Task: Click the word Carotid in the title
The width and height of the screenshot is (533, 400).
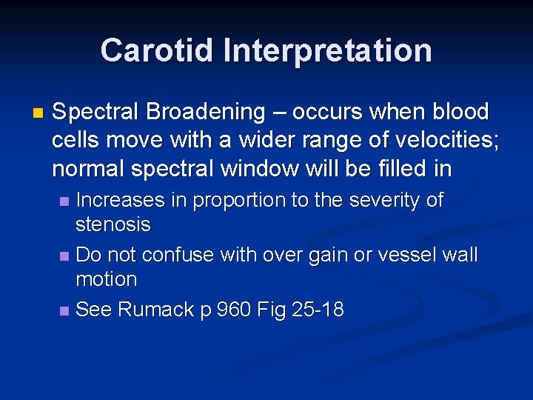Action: pos(156,50)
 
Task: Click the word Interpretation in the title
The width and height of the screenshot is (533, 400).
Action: pos(327,50)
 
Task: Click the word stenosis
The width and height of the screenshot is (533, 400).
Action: pos(113,224)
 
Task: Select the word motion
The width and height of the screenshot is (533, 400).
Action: pos(107,279)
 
